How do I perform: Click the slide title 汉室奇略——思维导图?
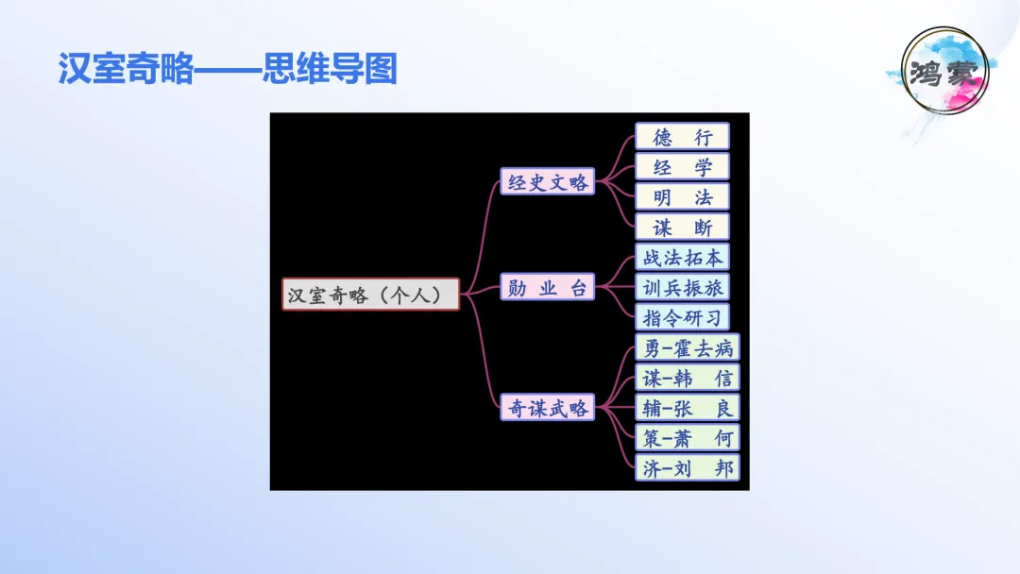[227, 69]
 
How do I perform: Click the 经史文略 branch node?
[547, 182]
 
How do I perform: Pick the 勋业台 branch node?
[547, 287]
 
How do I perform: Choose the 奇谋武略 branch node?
[547, 407]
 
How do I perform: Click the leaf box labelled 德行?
[682, 137]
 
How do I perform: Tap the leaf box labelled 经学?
[682, 167]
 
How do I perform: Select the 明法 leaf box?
[682, 197]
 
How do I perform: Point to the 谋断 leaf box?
[682, 228]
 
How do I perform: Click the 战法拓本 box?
[682, 257]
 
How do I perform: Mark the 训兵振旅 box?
[682, 287]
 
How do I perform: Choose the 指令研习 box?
[682, 317]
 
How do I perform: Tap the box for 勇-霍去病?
[687, 347]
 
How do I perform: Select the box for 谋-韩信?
[687, 378]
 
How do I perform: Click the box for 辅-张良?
[687, 407]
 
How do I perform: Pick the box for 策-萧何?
[687, 437]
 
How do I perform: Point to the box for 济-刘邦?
[687, 467]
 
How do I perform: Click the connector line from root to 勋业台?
[482, 289]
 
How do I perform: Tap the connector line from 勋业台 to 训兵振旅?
[615, 287]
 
